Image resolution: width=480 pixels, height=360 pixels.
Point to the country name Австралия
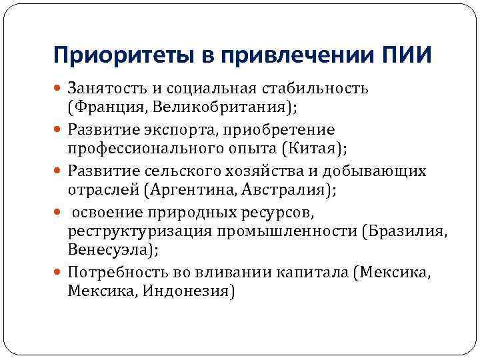pyautogui.click(x=283, y=190)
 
